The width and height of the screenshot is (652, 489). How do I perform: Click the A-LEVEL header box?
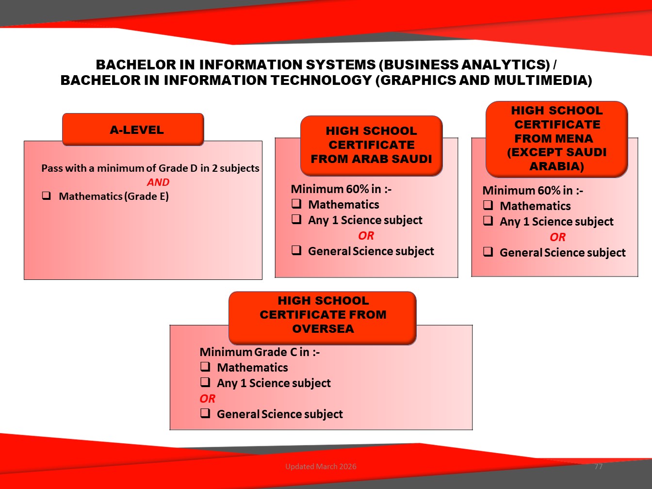point(133,130)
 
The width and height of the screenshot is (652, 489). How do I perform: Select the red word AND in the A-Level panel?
point(158,182)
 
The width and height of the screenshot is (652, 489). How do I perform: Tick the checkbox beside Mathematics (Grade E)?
point(47,196)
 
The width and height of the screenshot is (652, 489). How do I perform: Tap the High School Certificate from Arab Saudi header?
point(371,146)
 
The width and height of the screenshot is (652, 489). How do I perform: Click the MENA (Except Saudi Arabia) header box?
point(556,139)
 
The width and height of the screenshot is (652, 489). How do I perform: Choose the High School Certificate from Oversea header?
point(323,318)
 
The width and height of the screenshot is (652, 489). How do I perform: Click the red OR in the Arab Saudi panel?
point(366,236)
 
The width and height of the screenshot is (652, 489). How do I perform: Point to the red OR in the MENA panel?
point(557,237)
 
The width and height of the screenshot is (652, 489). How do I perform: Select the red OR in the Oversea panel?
point(207,399)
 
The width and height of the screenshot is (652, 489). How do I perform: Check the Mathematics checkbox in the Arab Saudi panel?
point(296,204)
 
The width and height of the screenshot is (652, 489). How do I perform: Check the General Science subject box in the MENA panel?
point(488,252)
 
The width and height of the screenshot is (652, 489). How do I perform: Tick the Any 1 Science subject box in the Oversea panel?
point(205,382)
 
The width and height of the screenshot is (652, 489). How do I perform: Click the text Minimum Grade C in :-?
point(260,352)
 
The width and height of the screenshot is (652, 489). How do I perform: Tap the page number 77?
point(599,466)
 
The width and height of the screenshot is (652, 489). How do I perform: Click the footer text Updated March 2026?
point(321,466)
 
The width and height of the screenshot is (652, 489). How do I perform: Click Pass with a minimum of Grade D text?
point(119,168)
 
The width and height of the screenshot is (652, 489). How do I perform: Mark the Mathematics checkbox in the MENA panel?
point(488,205)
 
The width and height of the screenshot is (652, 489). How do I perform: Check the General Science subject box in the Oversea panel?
point(205,413)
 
